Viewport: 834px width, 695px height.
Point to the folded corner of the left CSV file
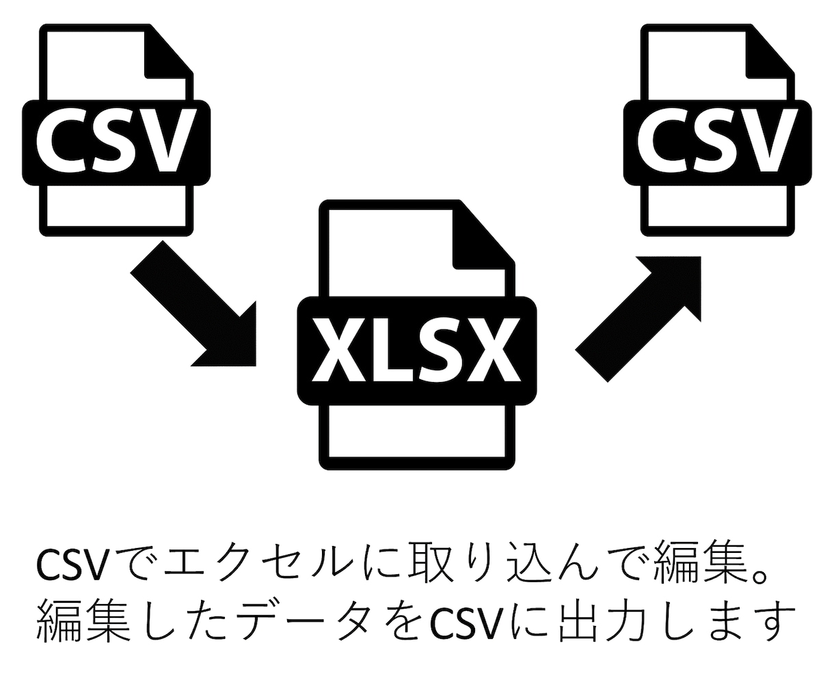(167, 52)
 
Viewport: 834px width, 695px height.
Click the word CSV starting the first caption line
(71, 564)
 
